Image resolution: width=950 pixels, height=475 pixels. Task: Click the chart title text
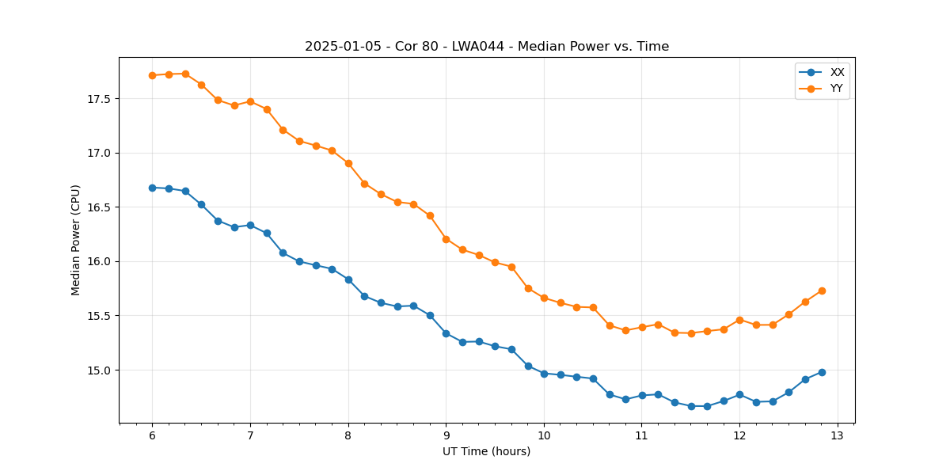click(487, 47)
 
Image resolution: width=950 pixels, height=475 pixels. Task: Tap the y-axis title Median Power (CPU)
click(76, 240)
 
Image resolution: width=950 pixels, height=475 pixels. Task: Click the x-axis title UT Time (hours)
click(487, 451)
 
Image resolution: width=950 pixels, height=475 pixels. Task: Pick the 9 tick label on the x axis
click(446, 435)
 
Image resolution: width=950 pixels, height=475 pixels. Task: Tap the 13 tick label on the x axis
click(838, 435)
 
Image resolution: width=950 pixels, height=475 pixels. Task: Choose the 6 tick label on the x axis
click(152, 435)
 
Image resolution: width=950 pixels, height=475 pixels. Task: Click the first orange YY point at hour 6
click(152, 75)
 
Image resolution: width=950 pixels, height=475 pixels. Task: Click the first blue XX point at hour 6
click(152, 188)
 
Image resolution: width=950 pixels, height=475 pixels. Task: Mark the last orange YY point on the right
click(822, 291)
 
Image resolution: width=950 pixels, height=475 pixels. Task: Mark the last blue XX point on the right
click(822, 372)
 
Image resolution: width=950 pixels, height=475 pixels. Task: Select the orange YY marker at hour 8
click(348, 163)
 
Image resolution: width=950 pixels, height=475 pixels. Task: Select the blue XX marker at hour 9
click(446, 333)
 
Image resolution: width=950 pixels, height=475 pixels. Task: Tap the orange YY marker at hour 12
click(739, 320)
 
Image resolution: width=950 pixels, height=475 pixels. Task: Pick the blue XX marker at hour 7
click(250, 225)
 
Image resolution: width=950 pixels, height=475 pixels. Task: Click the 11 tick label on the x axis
click(642, 435)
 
